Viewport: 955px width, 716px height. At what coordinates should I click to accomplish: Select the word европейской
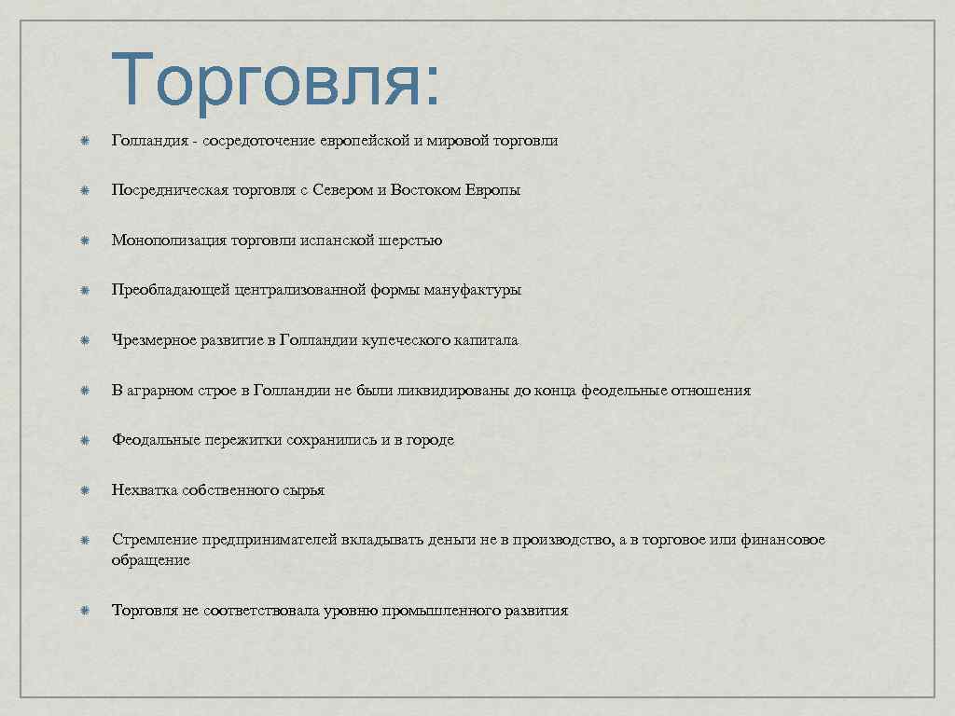coord(365,141)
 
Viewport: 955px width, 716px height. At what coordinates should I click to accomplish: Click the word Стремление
coord(152,540)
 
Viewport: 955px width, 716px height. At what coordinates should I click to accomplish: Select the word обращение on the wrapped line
coord(151,560)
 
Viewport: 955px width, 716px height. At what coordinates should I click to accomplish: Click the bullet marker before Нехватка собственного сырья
coord(83,490)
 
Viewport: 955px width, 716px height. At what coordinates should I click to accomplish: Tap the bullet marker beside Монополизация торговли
coord(83,241)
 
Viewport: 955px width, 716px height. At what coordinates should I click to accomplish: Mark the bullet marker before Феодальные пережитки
coord(83,440)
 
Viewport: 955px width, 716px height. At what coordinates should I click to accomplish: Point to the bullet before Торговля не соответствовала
coord(83,612)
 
